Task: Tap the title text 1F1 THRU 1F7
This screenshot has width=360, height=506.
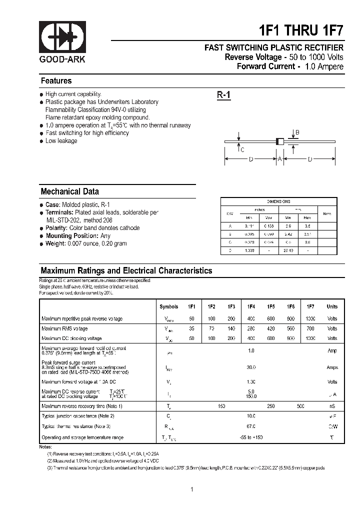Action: pyautogui.click(x=301, y=30)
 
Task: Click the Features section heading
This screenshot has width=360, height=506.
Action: pyautogui.click(x=56, y=81)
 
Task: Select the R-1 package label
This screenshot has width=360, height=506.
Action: pyautogui.click(x=223, y=95)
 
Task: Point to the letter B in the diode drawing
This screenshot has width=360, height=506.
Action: pyautogui.click(x=297, y=133)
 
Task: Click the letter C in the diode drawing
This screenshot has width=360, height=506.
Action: pyautogui.click(x=242, y=149)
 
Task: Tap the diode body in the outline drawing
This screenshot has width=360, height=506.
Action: pyautogui.click(x=280, y=142)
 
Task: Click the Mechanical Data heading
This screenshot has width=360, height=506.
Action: pyautogui.click(x=69, y=191)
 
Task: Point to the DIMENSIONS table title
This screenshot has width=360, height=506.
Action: pyautogui.click(x=278, y=201)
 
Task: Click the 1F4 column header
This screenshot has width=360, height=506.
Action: pyautogui.click(x=250, y=306)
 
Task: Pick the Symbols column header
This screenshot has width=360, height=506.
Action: pyautogui.click(x=168, y=306)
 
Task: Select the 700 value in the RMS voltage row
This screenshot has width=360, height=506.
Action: pyautogui.click(x=310, y=328)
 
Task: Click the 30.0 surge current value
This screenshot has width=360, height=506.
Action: pyautogui.click(x=250, y=367)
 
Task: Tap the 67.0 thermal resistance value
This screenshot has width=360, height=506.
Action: pyautogui.click(x=250, y=426)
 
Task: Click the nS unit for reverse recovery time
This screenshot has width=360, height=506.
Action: pyautogui.click(x=332, y=406)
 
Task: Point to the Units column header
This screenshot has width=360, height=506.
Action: pyautogui.click(x=332, y=306)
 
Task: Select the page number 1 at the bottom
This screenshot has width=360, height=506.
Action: pyautogui.click(x=191, y=475)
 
